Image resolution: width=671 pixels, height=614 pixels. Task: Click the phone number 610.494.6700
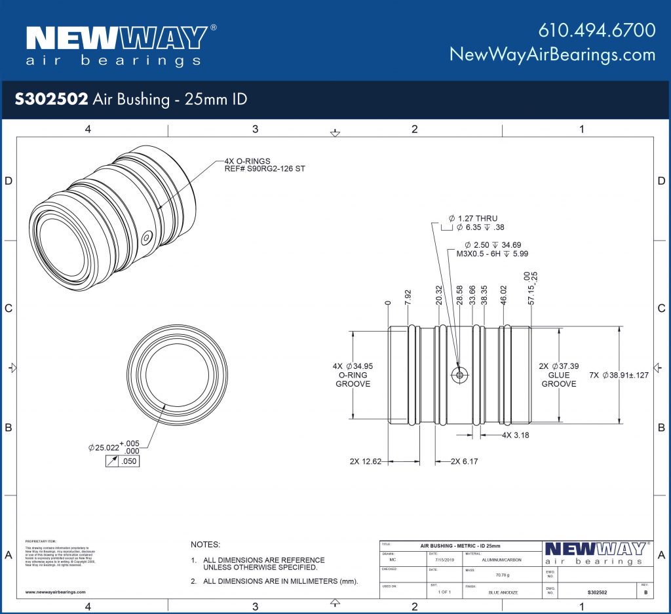(x=597, y=30)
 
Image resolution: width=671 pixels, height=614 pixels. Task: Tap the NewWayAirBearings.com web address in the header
(x=552, y=54)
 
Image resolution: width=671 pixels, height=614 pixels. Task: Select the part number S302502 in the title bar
(x=51, y=99)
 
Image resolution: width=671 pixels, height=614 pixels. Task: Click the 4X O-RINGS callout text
(x=250, y=161)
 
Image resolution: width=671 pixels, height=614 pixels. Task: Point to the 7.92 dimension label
(x=408, y=298)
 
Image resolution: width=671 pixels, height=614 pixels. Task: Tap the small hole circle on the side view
(x=459, y=374)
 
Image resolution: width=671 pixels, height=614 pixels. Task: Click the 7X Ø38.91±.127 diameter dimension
(x=619, y=375)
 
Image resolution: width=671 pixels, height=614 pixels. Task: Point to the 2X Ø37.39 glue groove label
(x=558, y=375)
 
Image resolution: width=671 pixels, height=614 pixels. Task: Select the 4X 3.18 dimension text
(x=516, y=435)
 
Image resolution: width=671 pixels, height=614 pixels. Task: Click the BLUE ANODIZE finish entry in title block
(x=503, y=592)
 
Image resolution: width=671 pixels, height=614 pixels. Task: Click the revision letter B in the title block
(x=645, y=592)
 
